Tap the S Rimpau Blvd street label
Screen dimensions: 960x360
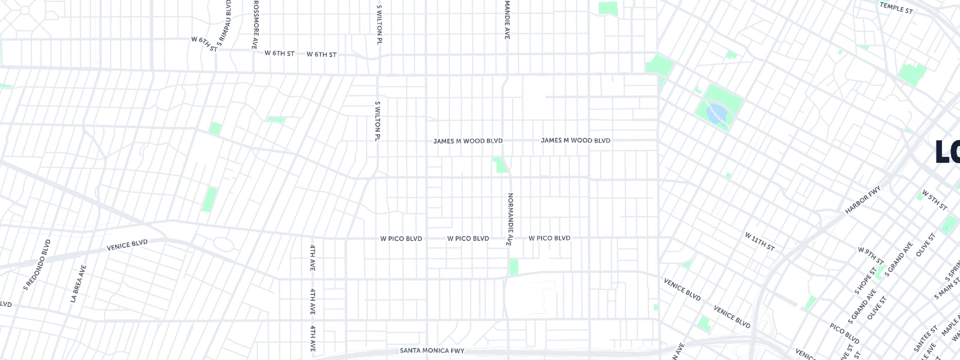pos(224,23)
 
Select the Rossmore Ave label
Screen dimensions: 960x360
pos(255,25)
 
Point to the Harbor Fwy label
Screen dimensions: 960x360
pos(862,200)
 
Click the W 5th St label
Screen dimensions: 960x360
pos(934,200)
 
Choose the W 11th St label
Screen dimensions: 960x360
pos(760,242)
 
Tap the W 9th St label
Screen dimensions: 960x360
pos(871,256)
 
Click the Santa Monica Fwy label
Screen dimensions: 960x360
pos(432,351)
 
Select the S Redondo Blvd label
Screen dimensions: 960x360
pos(37,265)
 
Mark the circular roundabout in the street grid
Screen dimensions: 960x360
pos(25,10)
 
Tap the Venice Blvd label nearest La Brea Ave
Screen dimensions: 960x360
pos(127,245)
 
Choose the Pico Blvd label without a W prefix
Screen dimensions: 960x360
pos(844,334)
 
